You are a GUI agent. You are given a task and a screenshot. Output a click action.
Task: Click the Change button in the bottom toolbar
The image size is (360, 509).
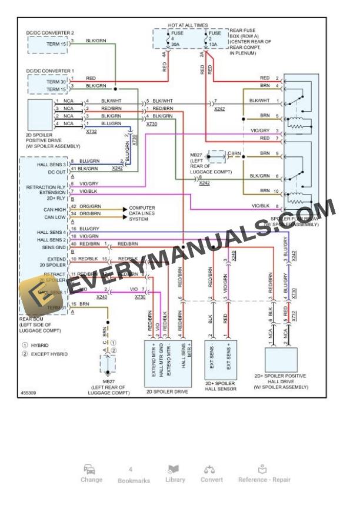click(x=91, y=474)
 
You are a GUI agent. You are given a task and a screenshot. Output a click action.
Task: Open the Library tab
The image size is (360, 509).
click(x=175, y=474)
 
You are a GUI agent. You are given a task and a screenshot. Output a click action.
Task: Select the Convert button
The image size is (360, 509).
click(x=211, y=474)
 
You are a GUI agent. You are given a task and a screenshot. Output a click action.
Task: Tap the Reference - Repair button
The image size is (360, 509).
click(x=264, y=474)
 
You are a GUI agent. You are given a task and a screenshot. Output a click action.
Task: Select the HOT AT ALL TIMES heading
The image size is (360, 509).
click(x=188, y=26)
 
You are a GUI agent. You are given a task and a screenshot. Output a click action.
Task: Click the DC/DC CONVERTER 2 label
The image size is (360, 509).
click(x=50, y=32)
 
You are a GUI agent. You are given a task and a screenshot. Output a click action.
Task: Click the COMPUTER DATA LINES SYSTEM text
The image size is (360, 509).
click(x=142, y=213)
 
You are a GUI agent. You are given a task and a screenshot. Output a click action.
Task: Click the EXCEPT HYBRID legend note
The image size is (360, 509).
click(x=49, y=354)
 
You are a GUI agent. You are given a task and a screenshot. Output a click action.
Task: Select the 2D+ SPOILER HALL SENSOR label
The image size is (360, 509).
click(x=220, y=386)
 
